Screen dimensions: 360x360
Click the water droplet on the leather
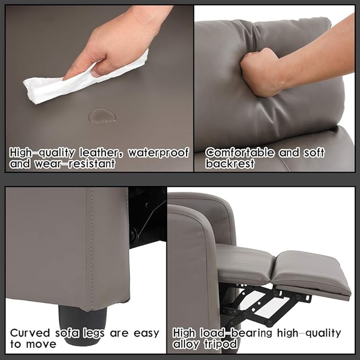(100, 116)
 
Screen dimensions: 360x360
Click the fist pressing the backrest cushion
(262, 72)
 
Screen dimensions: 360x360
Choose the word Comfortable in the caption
(241, 153)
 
